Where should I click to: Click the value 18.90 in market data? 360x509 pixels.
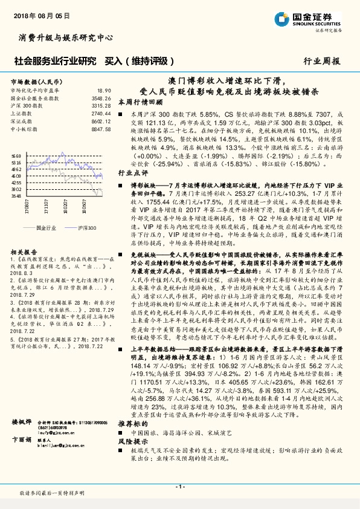point(104,91)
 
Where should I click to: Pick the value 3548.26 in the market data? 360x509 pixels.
point(101,98)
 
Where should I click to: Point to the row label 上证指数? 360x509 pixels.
point(22,113)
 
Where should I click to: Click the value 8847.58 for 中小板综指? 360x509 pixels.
point(101,128)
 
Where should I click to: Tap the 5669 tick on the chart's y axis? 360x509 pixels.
point(16,156)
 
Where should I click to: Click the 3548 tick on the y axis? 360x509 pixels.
point(16,196)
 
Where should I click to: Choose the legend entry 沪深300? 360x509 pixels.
point(87,228)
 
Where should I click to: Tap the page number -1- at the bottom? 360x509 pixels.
point(179,487)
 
